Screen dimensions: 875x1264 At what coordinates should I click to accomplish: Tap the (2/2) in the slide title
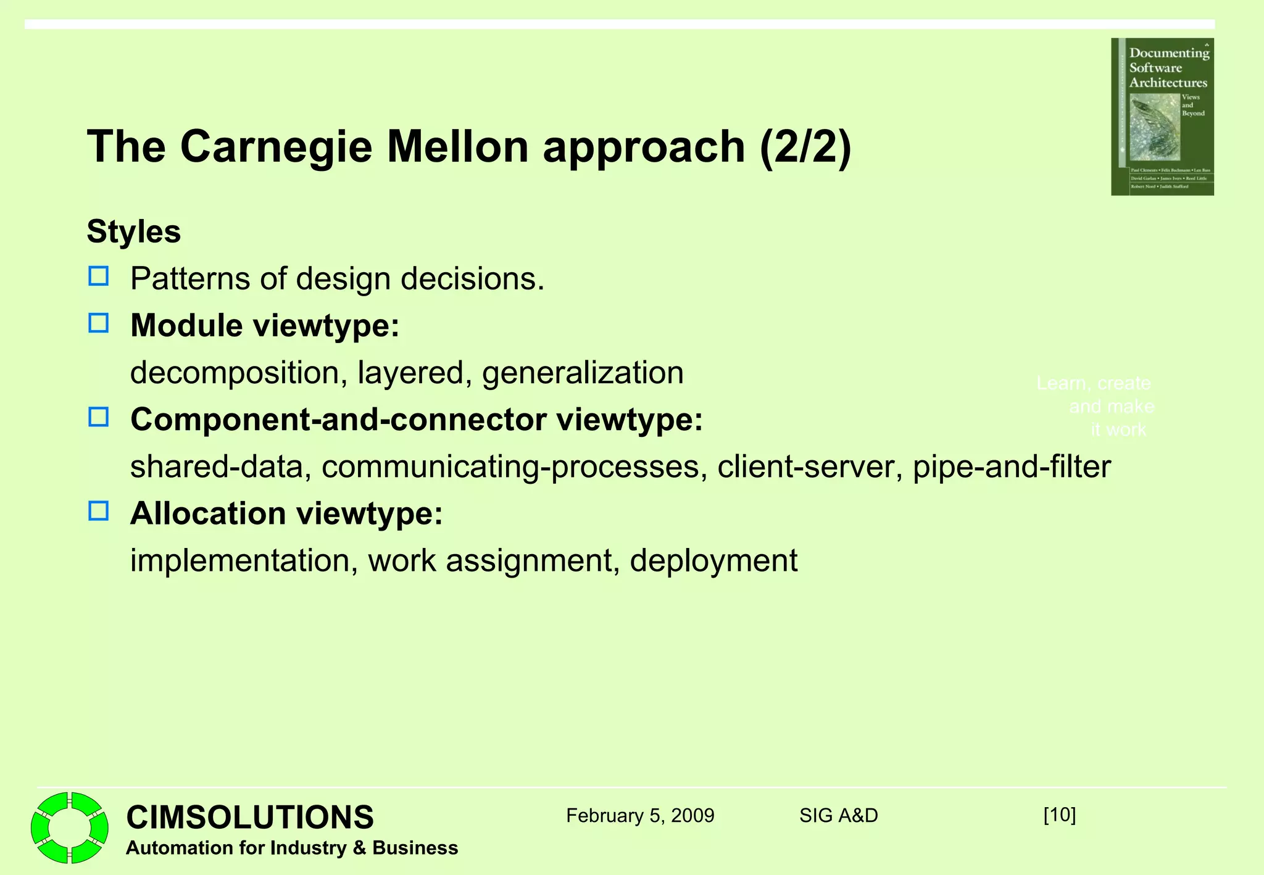click(x=805, y=147)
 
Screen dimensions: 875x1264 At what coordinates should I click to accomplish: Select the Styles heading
click(x=134, y=232)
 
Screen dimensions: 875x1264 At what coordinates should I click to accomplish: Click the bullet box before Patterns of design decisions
click(x=99, y=276)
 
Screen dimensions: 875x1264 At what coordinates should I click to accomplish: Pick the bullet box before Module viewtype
click(x=99, y=323)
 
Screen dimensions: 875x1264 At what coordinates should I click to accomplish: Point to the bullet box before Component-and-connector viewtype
click(x=99, y=417)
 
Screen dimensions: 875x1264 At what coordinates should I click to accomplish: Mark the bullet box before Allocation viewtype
click(x=99, y=511)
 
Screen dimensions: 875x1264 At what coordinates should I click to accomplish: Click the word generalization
click(x=583, y=373)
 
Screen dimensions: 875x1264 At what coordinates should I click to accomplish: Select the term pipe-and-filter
click(x=1012, y=467)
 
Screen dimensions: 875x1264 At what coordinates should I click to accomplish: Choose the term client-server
click(x=805, y=467)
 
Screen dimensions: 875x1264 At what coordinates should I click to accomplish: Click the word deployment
click(x=713, y=561)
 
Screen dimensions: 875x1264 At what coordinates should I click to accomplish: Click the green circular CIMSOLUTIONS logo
click(x=70, y=827)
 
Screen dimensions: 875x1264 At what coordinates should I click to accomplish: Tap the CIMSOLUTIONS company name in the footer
click(x=250, y=817)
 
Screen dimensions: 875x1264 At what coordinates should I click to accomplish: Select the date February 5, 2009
click(x=640, y=816)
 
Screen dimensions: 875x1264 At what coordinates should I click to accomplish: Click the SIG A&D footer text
click(x=838, y=816)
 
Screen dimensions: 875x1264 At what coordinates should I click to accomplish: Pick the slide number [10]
click(x=1059, y=815)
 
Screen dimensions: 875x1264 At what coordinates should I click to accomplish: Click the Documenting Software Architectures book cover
click(x=1162, y=117)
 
